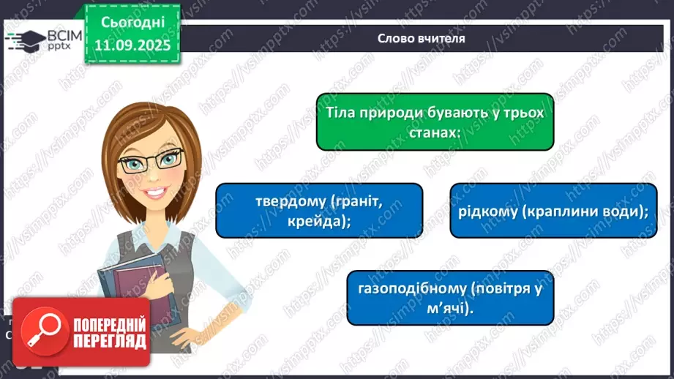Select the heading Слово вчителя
[421, 38]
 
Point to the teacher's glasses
[151, 162]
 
